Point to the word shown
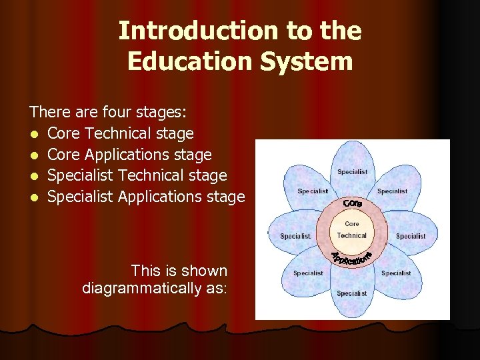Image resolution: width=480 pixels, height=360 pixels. point(204,271)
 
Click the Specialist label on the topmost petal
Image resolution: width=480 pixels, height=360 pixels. point(352,172)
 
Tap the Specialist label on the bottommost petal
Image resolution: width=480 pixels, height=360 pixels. point(352,293)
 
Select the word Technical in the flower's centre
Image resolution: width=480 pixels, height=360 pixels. point(352,235)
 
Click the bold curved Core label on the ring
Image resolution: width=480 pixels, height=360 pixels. point(353,203)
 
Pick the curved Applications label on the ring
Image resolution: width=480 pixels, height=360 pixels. point(351,257)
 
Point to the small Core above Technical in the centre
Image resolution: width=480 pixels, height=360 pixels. point(352,224)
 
